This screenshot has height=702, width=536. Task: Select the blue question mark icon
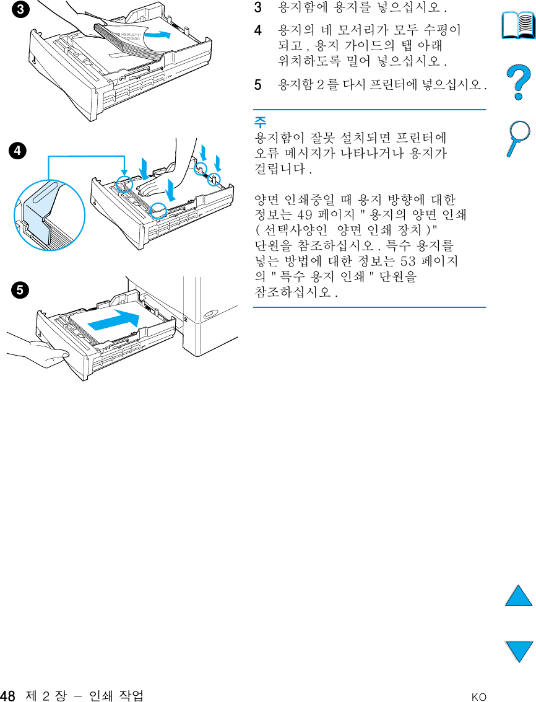tap(519, 84)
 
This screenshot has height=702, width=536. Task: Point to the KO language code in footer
tap(478, 697)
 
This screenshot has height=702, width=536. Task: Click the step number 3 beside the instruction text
tap(258, 9)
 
